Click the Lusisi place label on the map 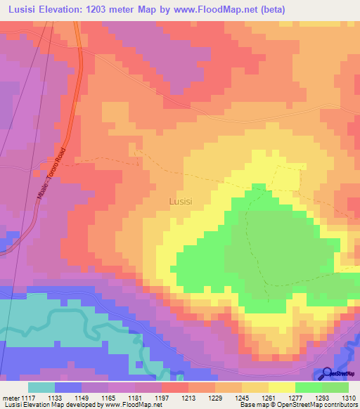(x=181, y=201)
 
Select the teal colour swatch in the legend (x=41, y=387)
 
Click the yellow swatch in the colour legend (x=282, y=387)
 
